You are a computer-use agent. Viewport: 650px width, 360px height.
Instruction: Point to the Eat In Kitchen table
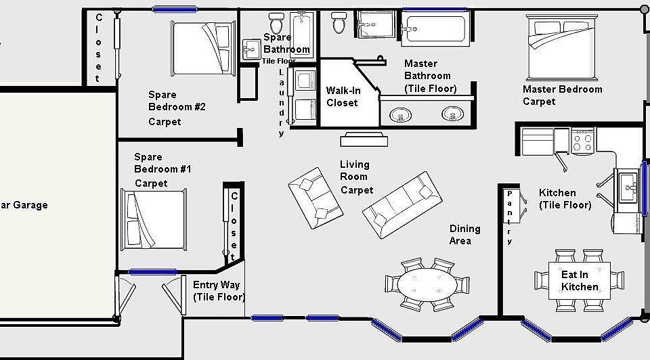[580, 280]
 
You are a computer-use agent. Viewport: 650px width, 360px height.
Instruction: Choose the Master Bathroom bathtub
[434, 29]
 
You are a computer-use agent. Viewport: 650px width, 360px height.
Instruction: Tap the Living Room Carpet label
[356, 177]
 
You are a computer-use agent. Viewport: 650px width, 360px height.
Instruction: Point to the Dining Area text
[464, 235]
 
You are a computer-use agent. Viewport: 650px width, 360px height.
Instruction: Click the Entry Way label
[218, 290]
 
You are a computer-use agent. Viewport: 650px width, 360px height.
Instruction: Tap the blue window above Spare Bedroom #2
[175, 9]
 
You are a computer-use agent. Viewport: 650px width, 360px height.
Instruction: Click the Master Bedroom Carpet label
[562, 95]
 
